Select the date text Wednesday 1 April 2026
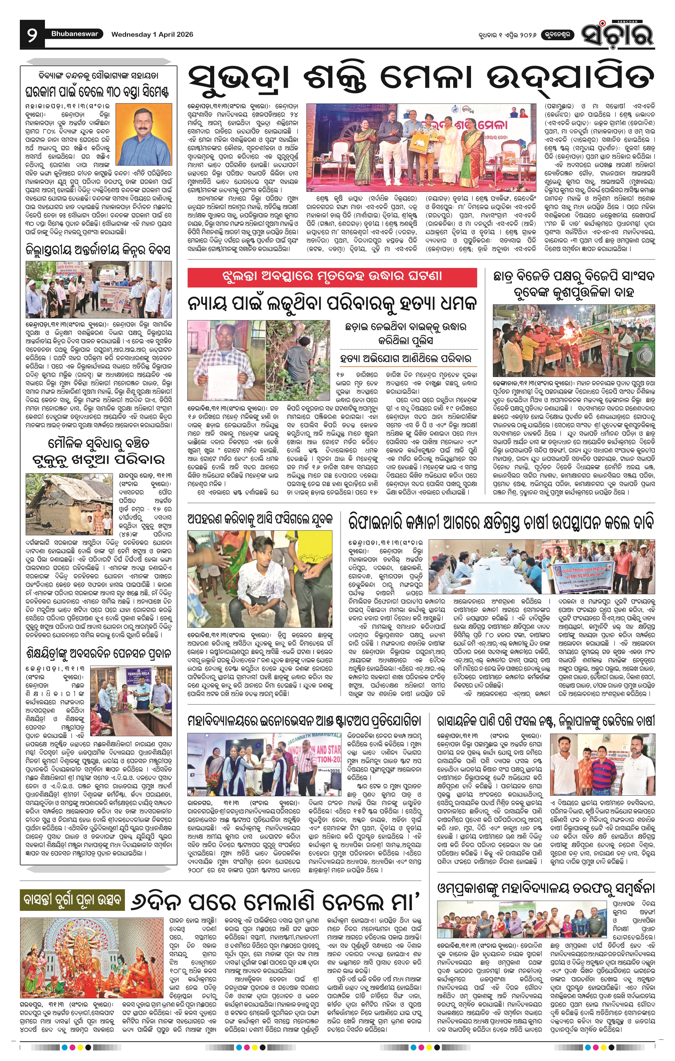(x=152, y=34)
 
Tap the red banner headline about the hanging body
(x=332, y=277)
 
